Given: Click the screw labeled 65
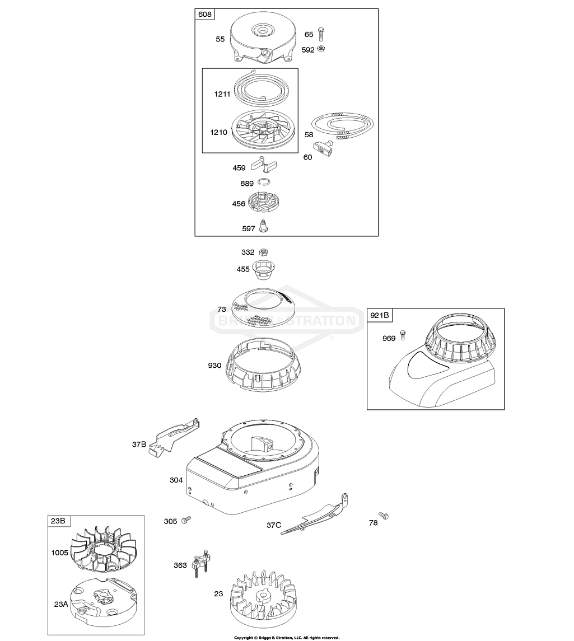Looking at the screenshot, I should (x=322, y=34).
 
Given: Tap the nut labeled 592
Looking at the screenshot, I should (x=322, y=49).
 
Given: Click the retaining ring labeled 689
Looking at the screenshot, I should (x=265, y=183).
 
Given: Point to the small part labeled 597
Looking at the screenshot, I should (x=264, y=227).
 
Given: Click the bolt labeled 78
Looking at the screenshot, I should (x=383, y=515).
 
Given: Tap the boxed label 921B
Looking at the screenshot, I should (x=380, y=316).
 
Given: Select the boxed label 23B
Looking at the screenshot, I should (x=58, y=521).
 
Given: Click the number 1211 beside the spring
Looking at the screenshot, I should (x=222, y=93).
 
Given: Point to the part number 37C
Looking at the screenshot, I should (x=273, y=525).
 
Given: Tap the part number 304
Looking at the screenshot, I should (x=176, y=480).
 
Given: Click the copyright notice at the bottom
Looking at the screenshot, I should (x=287, y=637).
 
